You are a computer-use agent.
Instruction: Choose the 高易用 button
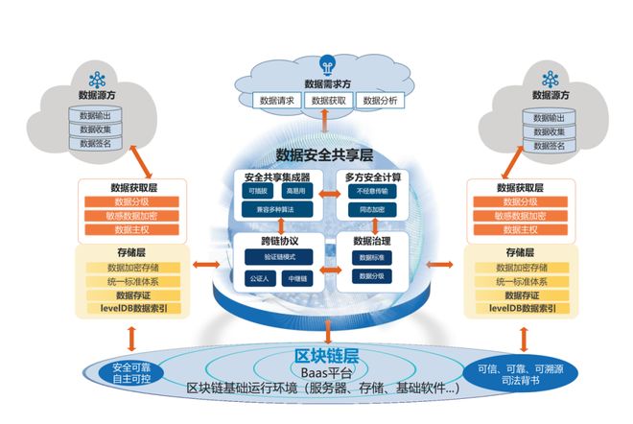tap(295, 192)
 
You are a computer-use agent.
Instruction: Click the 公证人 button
tap(257, 279)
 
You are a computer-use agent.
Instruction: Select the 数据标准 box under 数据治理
tap(372, 258)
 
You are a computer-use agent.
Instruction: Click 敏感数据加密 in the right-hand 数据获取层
tap(518, 217)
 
